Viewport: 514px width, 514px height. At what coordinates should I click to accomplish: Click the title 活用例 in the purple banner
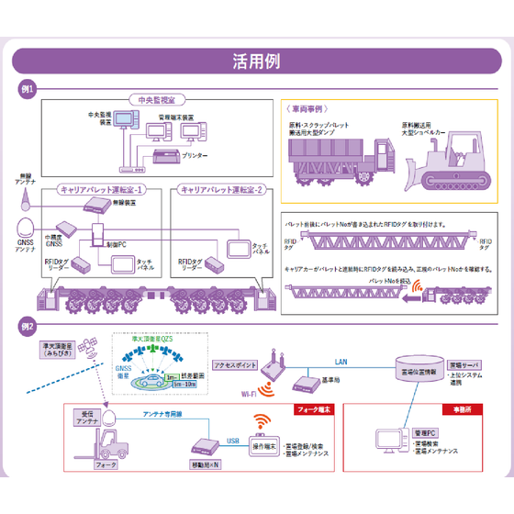(257, 61)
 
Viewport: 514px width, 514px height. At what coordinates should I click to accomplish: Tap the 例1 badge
(28, 89)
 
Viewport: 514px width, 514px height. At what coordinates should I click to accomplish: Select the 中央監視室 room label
(151, 99)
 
